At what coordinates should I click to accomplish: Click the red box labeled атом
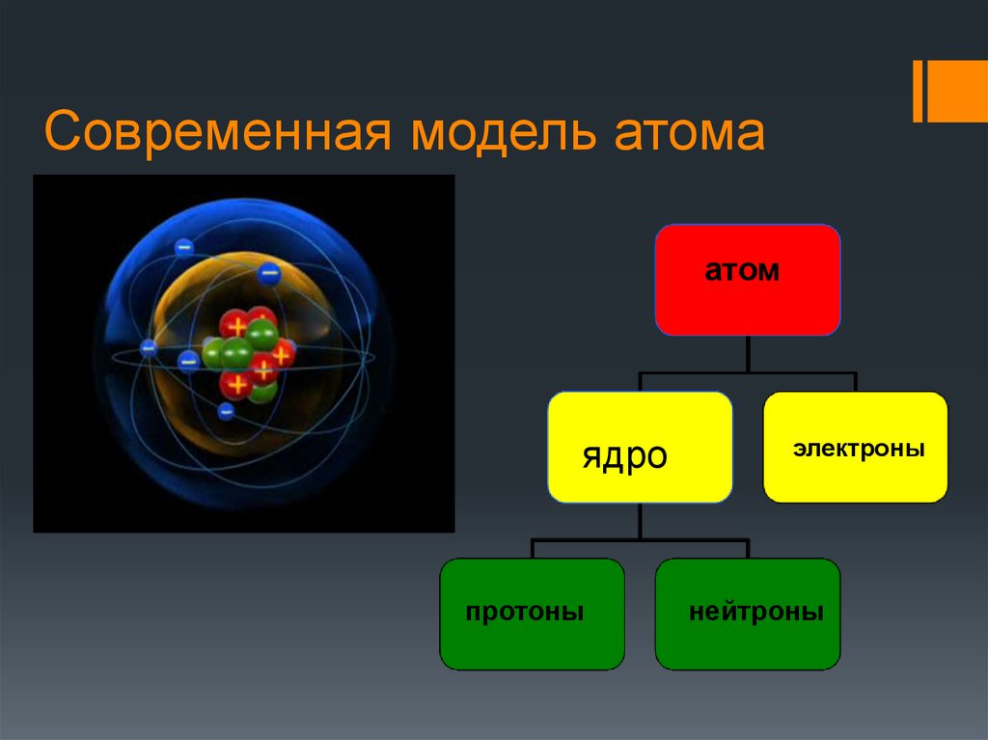click(747, 280)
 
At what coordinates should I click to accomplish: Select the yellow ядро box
click(640, 447)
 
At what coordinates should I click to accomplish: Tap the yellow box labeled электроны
click(855, 447)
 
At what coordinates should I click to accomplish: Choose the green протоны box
click(532, 614)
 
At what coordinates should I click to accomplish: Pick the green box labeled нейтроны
click(748, 614)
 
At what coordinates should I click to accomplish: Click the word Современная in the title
click(215, 133)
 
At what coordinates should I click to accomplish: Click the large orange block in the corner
click(958, 92)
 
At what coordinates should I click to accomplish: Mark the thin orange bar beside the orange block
click(918, 92)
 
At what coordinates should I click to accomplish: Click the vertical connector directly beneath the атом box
click(748, 353)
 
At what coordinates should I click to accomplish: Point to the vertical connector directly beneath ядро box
click(640, 521)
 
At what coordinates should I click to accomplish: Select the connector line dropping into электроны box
click(855, 382)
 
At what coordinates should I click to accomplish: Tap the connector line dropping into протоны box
click(532, 549)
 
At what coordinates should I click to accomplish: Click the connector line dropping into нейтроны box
click(748, 549)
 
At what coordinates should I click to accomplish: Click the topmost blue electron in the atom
click(184, 248)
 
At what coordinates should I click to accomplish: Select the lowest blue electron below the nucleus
click(226, 412)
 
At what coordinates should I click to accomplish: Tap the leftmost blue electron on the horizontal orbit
click(149, 348)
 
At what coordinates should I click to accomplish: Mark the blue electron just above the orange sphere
click(269, 274)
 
